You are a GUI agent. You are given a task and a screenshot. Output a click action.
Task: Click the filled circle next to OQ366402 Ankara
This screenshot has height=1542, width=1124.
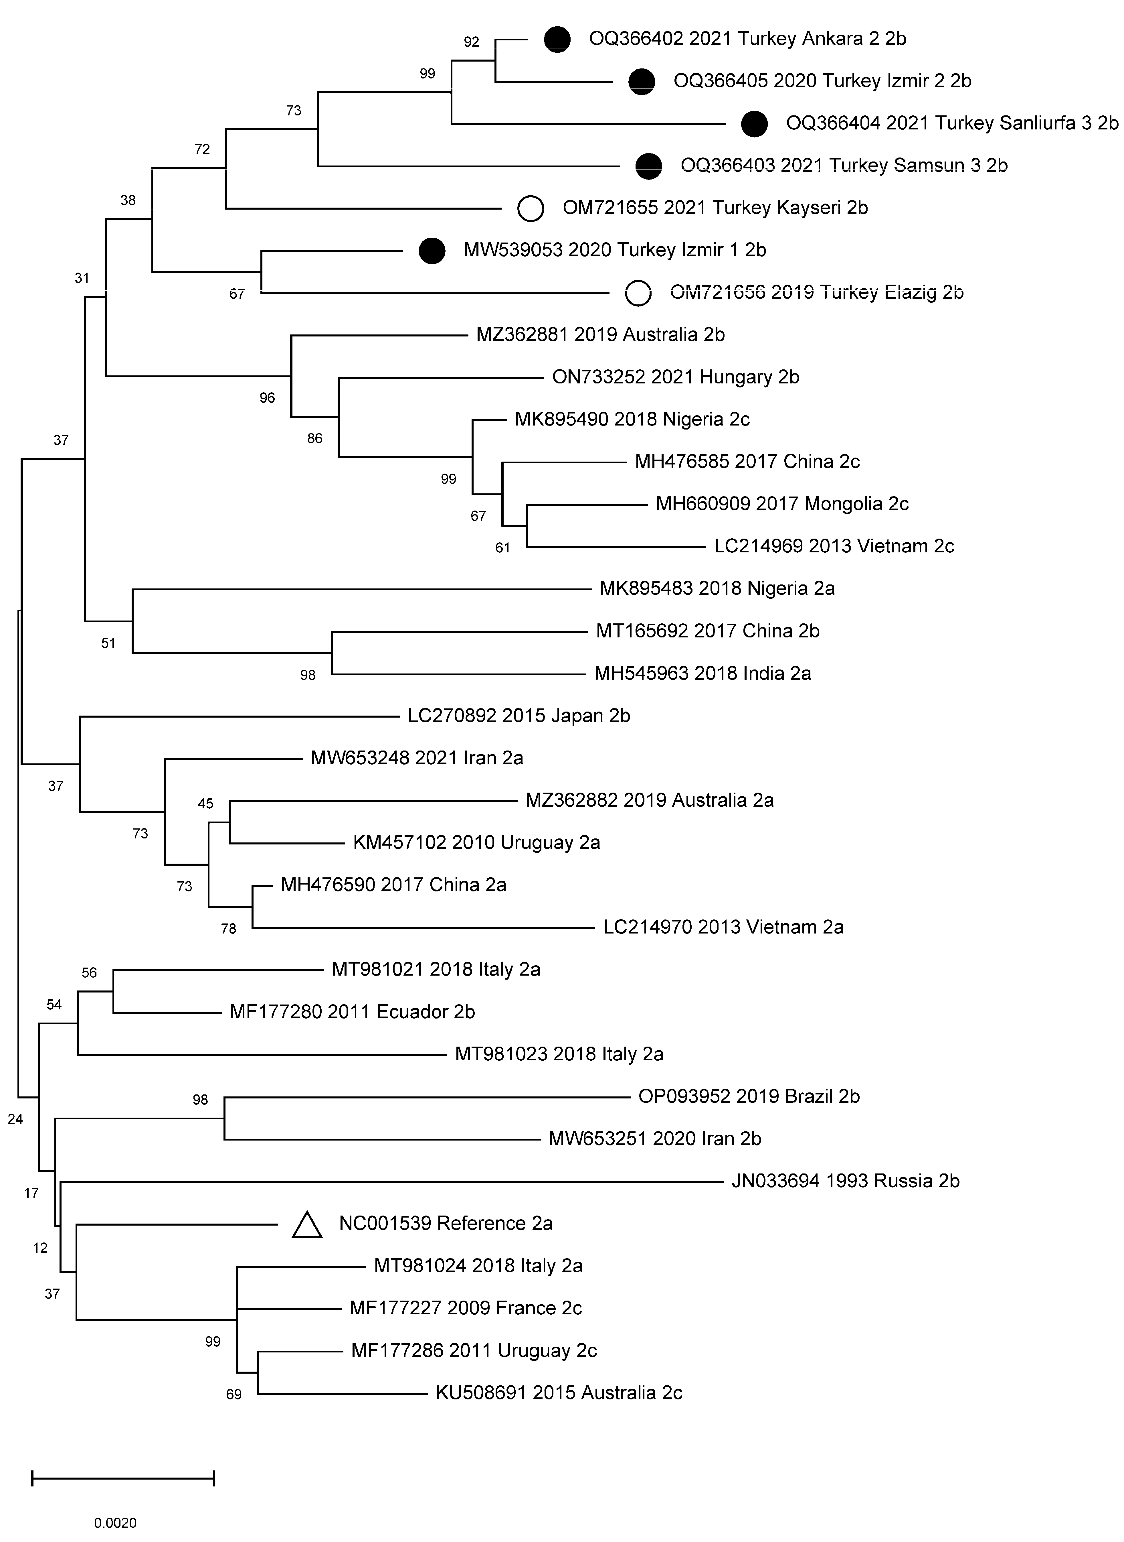click(x=557, y=40)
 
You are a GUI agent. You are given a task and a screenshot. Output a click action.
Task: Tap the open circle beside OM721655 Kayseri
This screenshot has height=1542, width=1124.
click(x=531, y=208)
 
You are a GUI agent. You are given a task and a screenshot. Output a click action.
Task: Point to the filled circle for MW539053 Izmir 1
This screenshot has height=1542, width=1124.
click(x=432, y=251)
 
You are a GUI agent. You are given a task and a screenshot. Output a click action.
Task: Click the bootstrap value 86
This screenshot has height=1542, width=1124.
click(x=314, y=438)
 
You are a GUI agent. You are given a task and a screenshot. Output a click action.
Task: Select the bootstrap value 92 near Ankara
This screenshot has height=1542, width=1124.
click(x=472, y=42)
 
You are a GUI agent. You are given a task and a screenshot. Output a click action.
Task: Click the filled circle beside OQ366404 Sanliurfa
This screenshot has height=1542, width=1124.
click(x=754, y=124)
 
